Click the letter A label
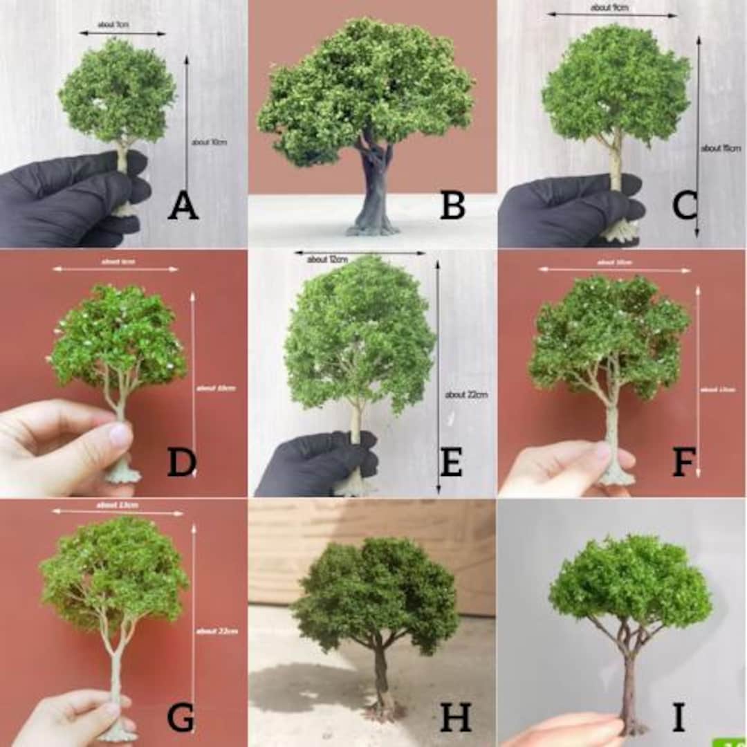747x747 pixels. pos(183,206)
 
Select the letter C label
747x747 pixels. pos(684,206)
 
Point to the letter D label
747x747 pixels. pos(181,462)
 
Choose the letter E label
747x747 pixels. pos(451,462)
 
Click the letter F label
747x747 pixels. pos(683,462)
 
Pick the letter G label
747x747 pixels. pos(181,717)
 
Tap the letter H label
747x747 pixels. pos(455,717)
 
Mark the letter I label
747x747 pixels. pos(679,717)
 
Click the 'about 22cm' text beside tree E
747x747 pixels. pos(467,394)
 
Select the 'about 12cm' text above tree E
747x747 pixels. pos(327,259)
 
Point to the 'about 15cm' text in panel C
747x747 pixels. pos(721,148)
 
